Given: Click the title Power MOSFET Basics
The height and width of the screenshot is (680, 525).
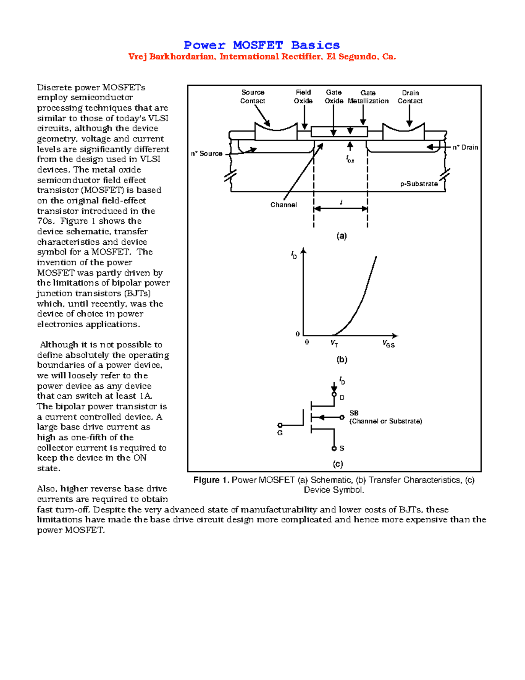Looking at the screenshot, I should (262, 45).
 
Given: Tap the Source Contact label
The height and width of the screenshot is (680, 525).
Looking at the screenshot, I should (252, 96).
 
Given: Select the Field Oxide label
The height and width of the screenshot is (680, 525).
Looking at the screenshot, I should (303, 96).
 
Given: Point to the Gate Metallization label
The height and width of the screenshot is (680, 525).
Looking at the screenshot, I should (368, 97).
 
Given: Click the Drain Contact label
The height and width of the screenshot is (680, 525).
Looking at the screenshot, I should (410, 97).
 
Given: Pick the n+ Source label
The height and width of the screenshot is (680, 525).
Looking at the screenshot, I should (206, 154).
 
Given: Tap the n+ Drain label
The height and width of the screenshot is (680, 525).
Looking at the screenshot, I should (465, 148).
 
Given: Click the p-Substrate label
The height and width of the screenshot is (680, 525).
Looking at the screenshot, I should (419, 184).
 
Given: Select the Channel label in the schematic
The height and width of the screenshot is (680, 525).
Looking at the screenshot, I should (283, 205).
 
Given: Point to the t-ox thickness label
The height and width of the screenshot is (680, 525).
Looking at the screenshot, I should (350, 159).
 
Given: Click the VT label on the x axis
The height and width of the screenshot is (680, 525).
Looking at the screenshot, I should (334, 344).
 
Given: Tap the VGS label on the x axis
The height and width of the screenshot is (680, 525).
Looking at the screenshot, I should (388, 344).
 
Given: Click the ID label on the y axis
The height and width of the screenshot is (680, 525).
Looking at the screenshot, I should (294, 255).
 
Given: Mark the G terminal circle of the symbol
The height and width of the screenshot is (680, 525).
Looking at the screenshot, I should (280, 425).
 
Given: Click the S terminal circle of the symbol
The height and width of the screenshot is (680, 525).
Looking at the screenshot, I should (334, 448).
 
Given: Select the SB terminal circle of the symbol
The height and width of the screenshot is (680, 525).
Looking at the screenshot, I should (342, 417).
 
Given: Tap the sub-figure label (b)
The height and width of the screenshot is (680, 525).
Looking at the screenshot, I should (342, 359).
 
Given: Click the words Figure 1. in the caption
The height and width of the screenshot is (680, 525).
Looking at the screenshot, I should (211, 480).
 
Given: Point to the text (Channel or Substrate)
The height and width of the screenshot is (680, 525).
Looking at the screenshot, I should (385, 421).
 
